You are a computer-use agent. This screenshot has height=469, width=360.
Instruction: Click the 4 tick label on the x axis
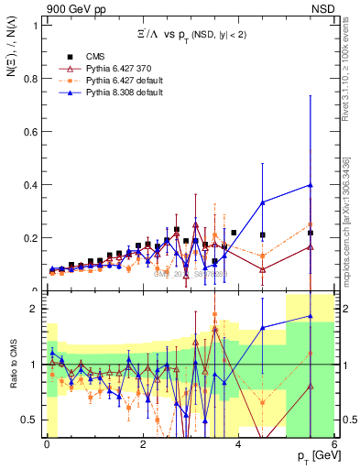pos(238,444)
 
